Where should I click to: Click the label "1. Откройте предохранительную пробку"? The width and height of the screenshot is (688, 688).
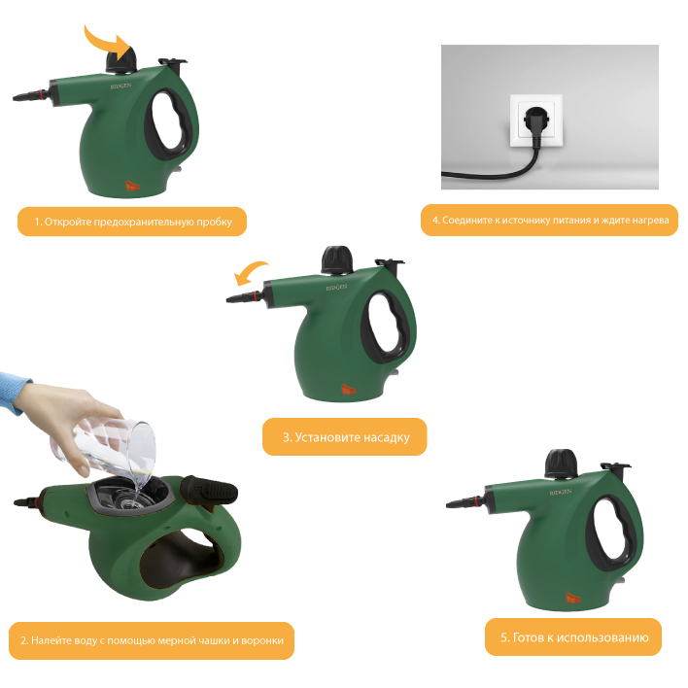pyautogui.click(x=133, y=222)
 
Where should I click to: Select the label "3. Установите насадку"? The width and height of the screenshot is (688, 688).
pyautogui.click(x=346, y=437)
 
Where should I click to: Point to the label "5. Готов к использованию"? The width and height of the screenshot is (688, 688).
pyautogui.click(x=574, y=637)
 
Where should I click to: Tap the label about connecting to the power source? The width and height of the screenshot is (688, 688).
pyautogui.click(x=550, y=221)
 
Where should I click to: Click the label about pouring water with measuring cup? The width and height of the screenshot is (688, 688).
pyautogui.click(x=152, y=640)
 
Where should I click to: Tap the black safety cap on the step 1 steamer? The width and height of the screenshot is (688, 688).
pyautogui.click(x=121, y=59)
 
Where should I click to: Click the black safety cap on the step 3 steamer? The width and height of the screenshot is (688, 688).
pyautogui.click(x=337, y=259)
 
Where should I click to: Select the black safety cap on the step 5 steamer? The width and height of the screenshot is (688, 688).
pyautogui.click(x=562, y=464)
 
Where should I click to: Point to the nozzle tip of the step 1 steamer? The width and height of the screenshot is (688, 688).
pyautogui.click(x=15, y=98)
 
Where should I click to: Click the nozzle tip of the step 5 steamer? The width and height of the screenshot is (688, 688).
pyautogui.click(x=448, y=505)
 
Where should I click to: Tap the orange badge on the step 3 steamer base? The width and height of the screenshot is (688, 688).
pyautogui.click(x=349, y=390)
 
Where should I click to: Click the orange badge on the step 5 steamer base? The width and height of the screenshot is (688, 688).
pyautogui.click(x=573, y=598)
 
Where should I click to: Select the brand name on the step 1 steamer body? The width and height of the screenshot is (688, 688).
pyautogui.click(x=120, y=86)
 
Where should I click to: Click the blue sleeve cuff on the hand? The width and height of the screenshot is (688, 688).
pyautogui.click(x=15, y=394)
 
